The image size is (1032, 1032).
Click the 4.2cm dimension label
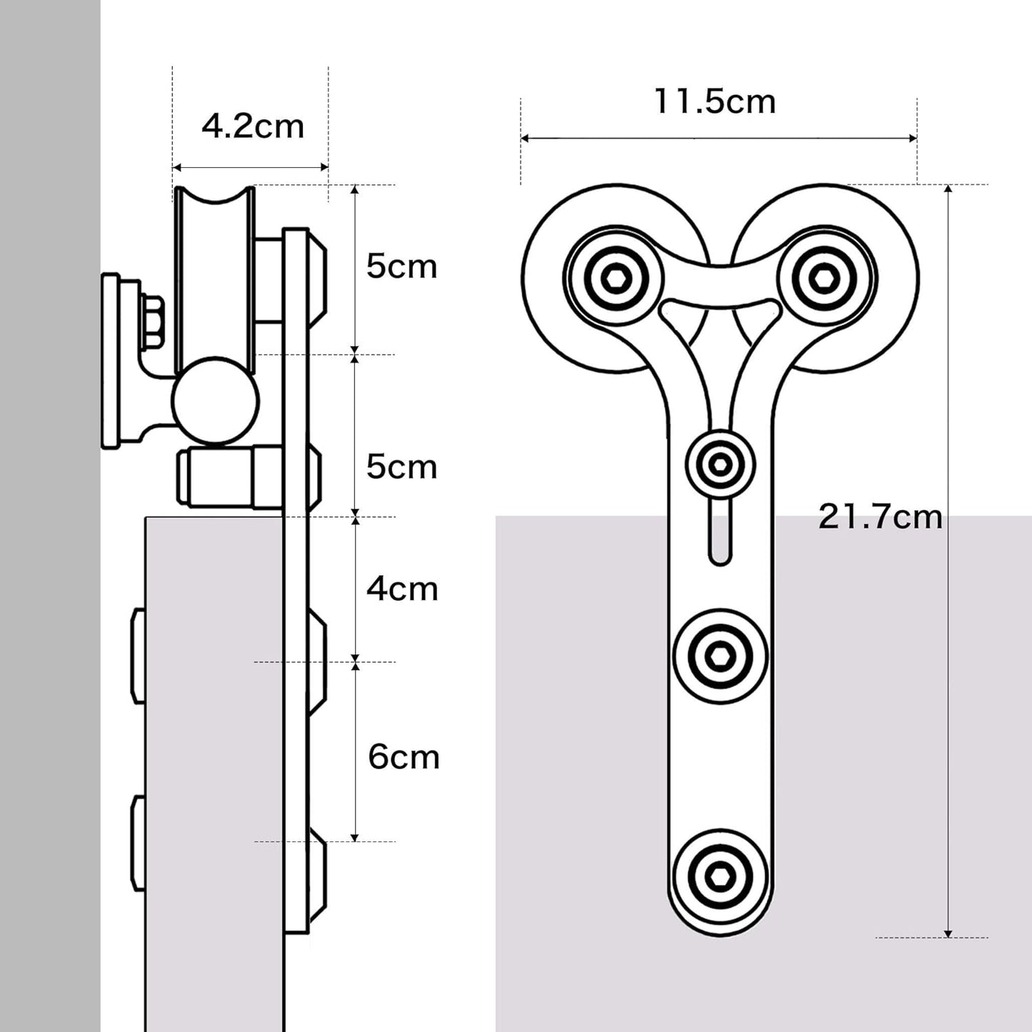click(x=253, y=127)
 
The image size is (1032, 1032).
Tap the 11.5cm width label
click(x=715, y=101)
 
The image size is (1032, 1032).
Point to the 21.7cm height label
click(x=880, y=516)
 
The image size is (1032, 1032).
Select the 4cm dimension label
click(x=402, y=589)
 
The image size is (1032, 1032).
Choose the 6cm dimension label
click(x=404, y=757)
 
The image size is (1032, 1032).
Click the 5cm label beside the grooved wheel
click(x=401, y=266)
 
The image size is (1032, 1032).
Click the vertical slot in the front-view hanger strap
click(x=720, y=533)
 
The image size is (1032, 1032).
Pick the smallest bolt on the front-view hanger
click(x=720, y=465)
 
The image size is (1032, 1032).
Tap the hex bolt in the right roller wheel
click(x=825, y=277)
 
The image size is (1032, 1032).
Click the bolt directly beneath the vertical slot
click(x=720, y=655)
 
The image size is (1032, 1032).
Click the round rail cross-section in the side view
click(x=215, y=401)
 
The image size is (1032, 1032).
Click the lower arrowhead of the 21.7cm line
click(x=948, y=933)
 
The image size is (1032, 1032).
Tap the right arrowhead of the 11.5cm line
click(x=913, y=138)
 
